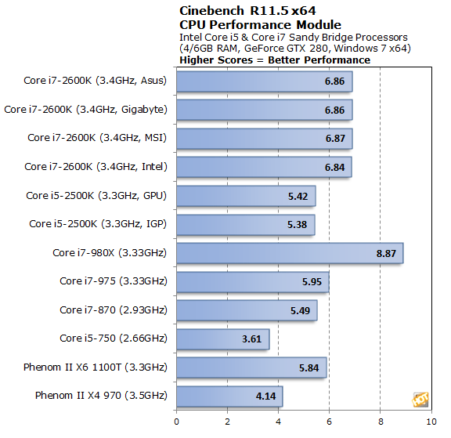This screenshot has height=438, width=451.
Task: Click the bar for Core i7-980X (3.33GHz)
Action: [x=290, y=253]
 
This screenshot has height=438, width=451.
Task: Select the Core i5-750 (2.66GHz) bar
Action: [x=223, y=338]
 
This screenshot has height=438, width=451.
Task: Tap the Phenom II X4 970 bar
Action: [x=229, y=396]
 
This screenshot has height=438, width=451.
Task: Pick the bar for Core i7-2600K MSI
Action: [x=264, y=139]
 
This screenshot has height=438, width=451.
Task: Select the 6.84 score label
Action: [x=335, y=167]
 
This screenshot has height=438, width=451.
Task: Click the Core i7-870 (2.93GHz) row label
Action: [x=114, y=309]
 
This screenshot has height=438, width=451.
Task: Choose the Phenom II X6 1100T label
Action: [x=101, y=367]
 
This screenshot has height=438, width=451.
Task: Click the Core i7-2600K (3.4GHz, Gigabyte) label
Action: [x=86, y=110]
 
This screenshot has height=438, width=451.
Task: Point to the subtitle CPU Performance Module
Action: [x=247, y=25]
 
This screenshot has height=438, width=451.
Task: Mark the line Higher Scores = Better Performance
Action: [x=274, y=60]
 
